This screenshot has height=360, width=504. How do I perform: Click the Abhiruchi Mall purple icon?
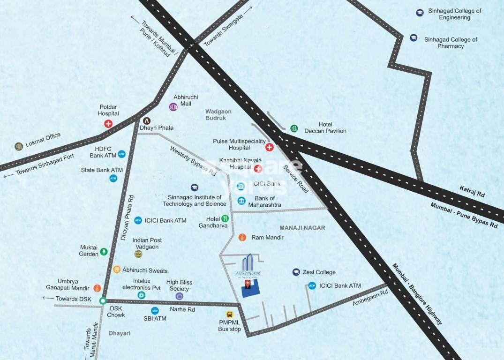173,107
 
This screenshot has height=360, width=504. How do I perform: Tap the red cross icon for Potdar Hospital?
108,124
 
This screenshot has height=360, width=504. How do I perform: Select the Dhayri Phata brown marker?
147,121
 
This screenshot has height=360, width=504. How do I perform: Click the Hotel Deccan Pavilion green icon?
294,128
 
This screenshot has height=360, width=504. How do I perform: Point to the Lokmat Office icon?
19,146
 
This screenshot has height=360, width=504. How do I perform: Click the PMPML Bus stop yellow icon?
230,315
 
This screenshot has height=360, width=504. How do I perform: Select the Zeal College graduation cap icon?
296,272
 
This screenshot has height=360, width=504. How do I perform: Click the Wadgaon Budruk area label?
216,115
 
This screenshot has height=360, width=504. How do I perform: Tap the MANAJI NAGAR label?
302,228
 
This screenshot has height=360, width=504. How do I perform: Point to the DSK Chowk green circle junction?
103,301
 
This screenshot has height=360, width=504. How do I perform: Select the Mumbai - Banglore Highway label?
417,294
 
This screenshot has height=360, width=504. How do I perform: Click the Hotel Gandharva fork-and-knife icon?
225,218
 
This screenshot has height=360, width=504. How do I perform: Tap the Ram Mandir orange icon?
242,238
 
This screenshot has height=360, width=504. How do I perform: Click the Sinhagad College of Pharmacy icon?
414,37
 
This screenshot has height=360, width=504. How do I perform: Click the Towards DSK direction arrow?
48,298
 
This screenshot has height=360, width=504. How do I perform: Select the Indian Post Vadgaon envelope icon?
138,254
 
